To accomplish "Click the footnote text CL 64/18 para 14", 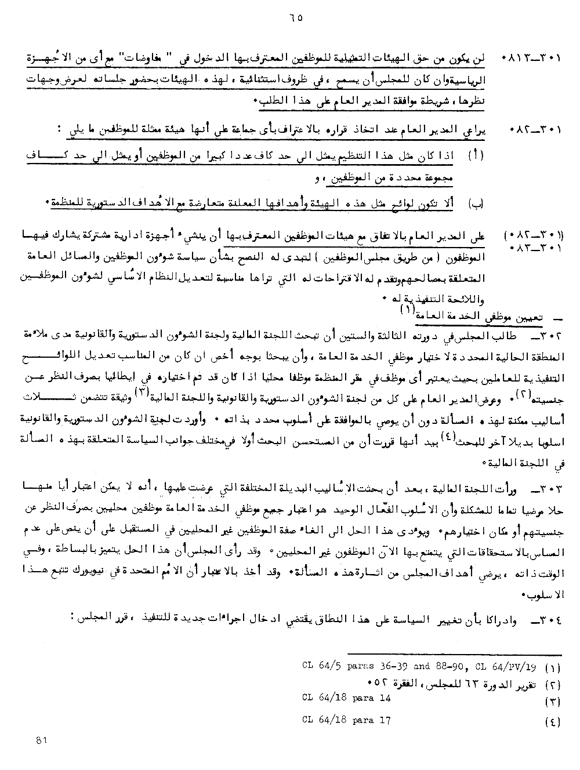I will [x=346, y=699].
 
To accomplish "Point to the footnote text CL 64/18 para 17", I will [x=346, y=720].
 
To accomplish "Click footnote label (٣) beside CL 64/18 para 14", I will [x=553, y=702].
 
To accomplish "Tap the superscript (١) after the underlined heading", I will [x=407, y=310].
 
